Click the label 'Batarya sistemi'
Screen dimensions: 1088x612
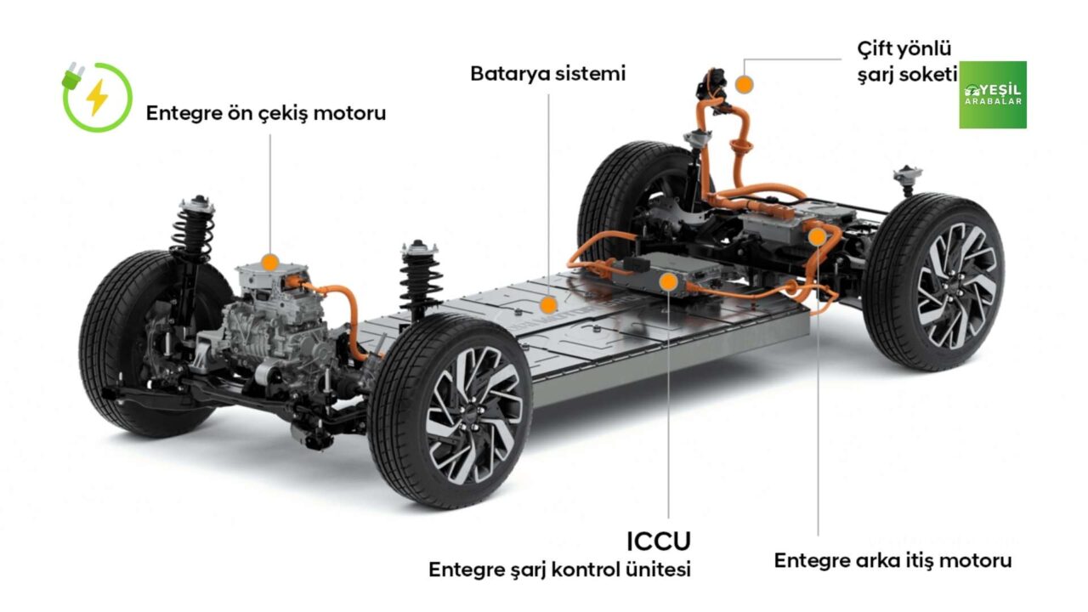click(548, 74)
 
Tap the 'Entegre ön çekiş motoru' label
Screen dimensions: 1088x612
click(266, 114)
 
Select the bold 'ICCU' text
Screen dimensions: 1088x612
click(658, 541)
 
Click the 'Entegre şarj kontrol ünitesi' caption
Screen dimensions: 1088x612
click(559, 569)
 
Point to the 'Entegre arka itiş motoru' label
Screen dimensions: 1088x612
click(892, 560)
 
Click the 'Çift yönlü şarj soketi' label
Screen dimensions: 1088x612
click(907, 62)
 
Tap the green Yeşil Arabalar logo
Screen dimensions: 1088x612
click(993, 94)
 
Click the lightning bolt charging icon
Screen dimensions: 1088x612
click(97, 97)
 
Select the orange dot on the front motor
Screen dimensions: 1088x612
click(269, 263)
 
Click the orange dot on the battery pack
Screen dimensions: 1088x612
click(548, 305)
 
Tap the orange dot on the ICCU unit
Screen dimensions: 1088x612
click(668, 281)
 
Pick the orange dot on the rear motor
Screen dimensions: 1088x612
click(818, 237)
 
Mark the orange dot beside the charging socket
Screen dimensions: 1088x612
click(744, 84)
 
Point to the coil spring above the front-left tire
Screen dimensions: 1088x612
click(193, 229)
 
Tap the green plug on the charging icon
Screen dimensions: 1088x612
click(72, 76)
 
